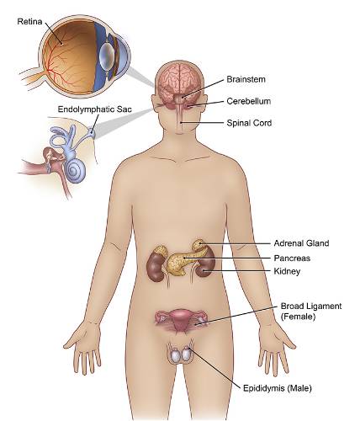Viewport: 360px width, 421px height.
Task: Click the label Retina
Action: pos(29,22)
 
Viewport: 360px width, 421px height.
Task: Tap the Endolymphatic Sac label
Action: pos(94,109)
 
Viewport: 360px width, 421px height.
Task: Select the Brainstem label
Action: pos(246,79)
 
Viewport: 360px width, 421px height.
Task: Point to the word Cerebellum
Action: pos(249,101)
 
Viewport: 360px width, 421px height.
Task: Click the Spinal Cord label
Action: pos(249,123)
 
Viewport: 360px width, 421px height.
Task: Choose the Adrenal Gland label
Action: pos(301,243)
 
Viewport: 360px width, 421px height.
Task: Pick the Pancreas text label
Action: pos(292,258)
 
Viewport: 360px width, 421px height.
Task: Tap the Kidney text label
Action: pos(287,271)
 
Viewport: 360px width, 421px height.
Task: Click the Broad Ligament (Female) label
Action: pos(311,311)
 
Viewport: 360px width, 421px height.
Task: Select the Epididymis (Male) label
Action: pos(278,388)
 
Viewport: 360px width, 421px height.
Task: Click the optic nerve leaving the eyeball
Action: pos(32,77)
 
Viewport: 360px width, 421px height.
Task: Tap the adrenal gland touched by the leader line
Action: pos(199,245)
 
